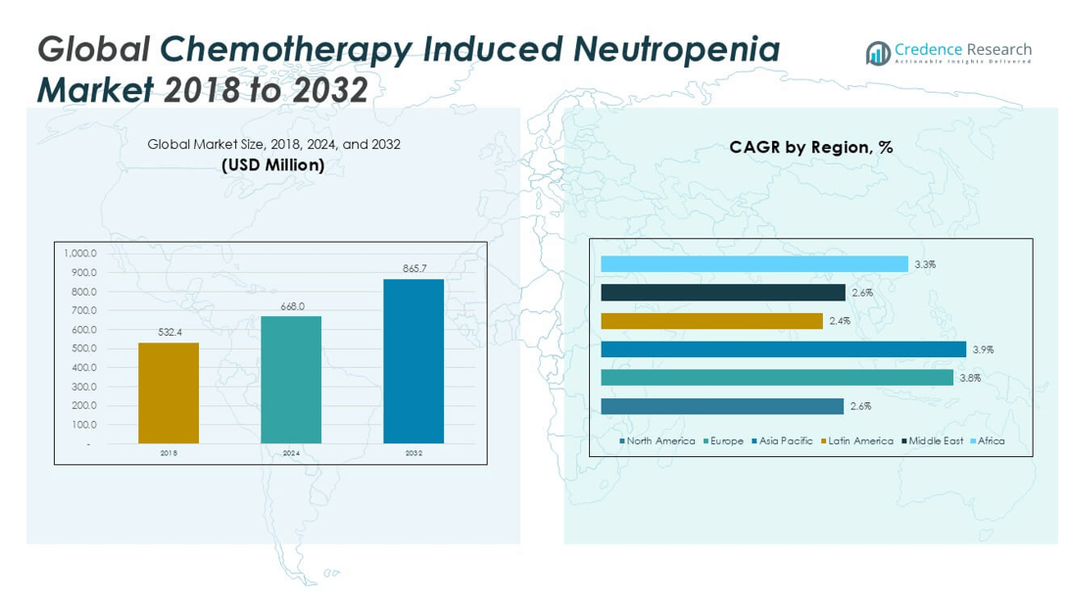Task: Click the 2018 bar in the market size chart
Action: click(x=169, y=392)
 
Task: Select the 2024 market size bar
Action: click(x=291, y=380)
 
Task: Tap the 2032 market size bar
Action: click(x=413, y=361)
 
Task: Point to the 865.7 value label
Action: click(x=414, y=268)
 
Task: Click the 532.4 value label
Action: click(x=170, y=333)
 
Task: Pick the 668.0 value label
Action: click(x=292, y=306)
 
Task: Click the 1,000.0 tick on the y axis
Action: click(x=80, y=253)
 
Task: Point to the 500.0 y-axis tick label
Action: click(x=82, y=348)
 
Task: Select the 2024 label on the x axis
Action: click(x=291, y=454)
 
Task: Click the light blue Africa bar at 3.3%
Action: click(x=754, y=264)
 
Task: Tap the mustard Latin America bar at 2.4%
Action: click(x=711, y=321)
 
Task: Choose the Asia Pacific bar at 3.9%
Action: click(x=783, y=349)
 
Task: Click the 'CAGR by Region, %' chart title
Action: click(x=810, y=148)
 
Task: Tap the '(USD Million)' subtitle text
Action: click(x=273, y=165)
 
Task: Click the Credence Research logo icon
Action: click(x=877, y=53)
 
